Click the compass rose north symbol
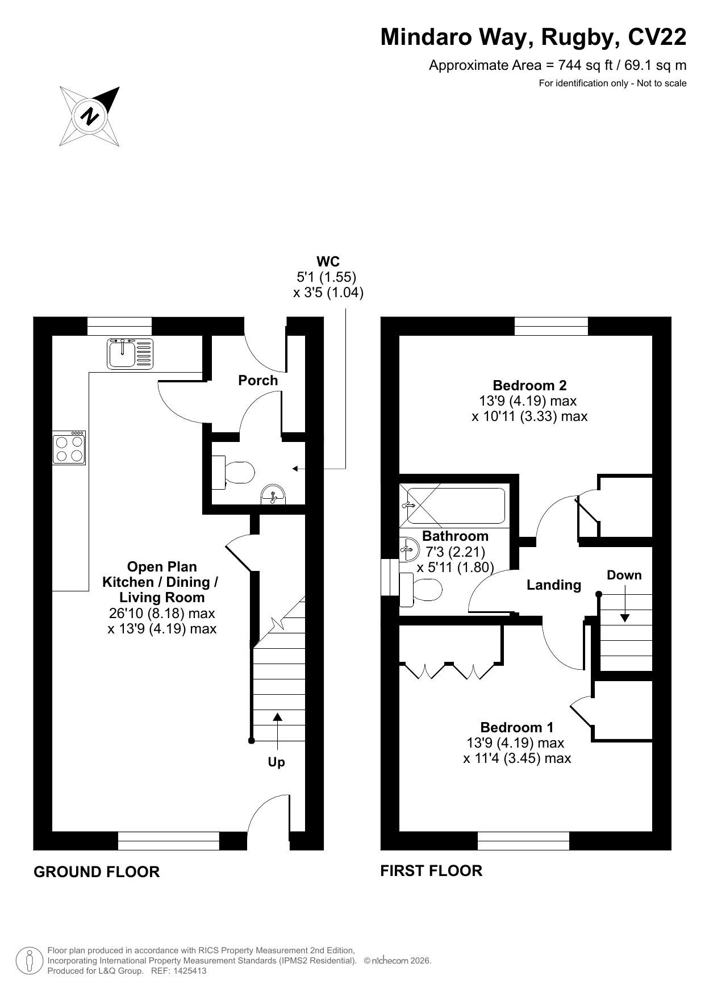[90, 116]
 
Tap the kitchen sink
[130, 353]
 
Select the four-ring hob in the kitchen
[69, 448]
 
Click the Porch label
[258, 381]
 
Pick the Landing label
[554, 585]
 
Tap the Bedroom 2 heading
[529, 386]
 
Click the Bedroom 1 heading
[516, 727]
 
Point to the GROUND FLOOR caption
[97, 872]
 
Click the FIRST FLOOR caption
[431, 871]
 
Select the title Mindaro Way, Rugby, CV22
[533, 37]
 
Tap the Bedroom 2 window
[551, 326]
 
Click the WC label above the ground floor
[328, 262]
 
